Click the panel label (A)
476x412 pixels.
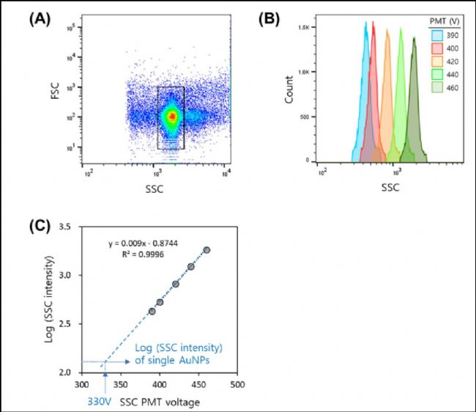tap(40, 18)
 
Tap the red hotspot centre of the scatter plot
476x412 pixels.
tap(172, 116)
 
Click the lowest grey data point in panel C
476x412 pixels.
tap(152, 312)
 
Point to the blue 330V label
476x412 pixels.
tap(100, 402)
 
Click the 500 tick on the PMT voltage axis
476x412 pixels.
tap(237, 384)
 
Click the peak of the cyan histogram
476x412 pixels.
tap(365, 23)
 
